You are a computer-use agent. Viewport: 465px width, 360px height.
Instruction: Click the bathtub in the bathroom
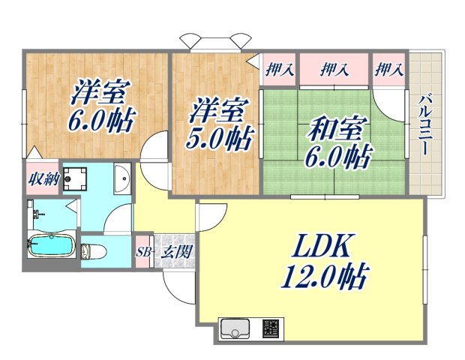tap(50, 245)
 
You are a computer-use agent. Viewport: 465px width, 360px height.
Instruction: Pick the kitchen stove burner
tap(271, 328)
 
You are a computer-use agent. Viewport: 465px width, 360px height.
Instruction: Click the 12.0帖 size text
tap(323, 278)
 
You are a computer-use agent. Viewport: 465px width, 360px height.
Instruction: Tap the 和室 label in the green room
tap(336, 128)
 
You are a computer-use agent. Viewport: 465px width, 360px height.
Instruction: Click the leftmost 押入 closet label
tap(279, 70)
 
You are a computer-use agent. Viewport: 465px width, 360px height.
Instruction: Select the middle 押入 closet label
tap(334, 70)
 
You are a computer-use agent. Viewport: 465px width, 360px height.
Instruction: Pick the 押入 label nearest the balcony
tap(389, 70)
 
